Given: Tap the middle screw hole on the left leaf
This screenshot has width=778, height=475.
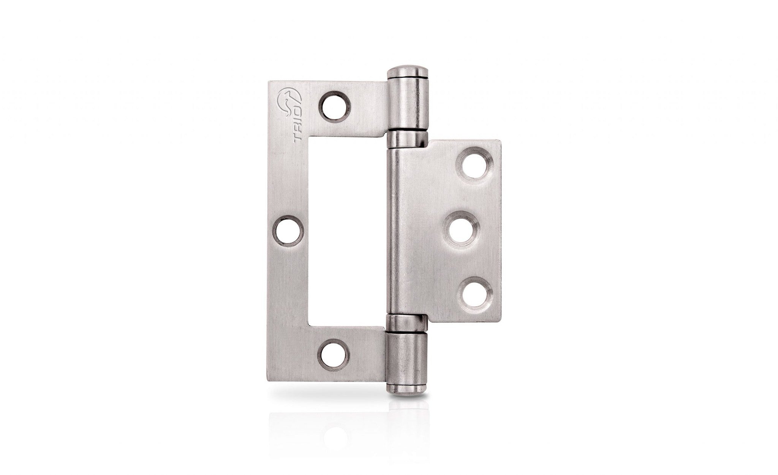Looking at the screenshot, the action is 289,231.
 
